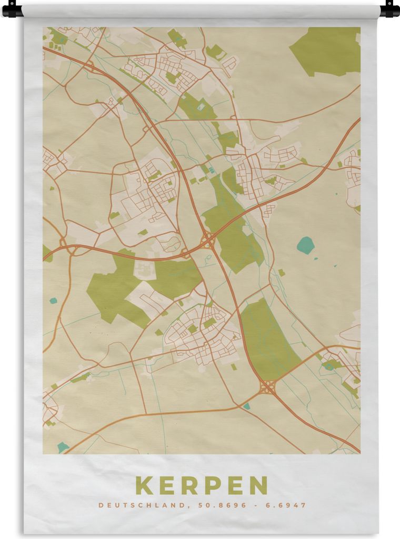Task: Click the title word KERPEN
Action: [x=202, y=485]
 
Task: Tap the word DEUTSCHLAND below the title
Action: [x=139, y=505]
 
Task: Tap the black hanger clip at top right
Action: [x=390, y=9]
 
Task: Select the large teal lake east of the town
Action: [x=305, y=245]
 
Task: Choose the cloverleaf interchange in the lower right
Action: [x=267, y=387]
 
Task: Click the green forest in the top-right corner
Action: [x=326, y=50]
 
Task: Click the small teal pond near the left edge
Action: [x=53, y=301]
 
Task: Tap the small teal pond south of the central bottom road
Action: [x=246, y=406]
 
